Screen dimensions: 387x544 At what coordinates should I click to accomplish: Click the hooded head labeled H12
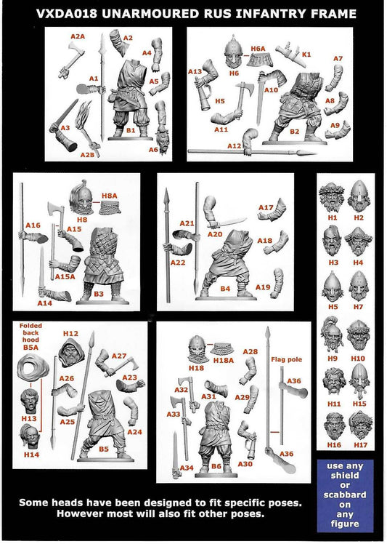coord(72,352)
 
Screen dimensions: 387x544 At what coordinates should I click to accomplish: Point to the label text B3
coord(99,294)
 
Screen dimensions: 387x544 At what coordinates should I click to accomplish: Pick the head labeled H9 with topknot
coord(333,334)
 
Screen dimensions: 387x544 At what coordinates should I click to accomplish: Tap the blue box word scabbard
coord(344,495)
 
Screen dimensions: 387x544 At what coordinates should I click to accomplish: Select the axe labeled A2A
coord(71,60)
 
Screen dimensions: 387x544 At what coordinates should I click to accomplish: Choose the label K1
coord(306,54)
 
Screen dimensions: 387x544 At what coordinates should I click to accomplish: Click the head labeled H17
coord(361,425)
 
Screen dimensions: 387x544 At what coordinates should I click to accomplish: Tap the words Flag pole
coord(287,359)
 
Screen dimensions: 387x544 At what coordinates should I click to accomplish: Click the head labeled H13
coord(30,401)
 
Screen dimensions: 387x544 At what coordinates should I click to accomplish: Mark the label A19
coord(263,287)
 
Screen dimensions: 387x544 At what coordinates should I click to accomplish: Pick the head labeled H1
coord(333,196)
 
